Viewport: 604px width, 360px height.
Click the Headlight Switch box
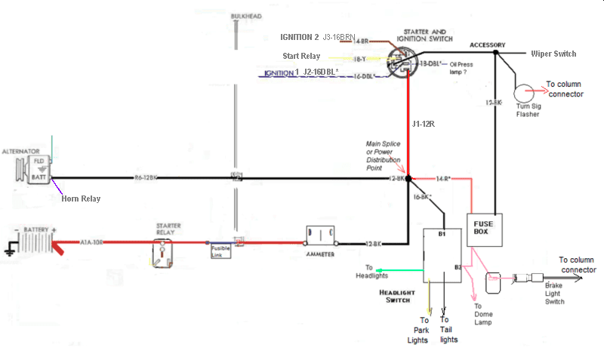pos(442,254)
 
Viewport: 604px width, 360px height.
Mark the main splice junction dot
pos(408,179)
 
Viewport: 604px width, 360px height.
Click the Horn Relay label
pos(81,198)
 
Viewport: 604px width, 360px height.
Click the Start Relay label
pos(301,56)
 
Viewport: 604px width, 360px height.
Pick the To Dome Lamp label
pos(483,313)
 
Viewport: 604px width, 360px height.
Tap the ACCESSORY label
pos(487,45)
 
